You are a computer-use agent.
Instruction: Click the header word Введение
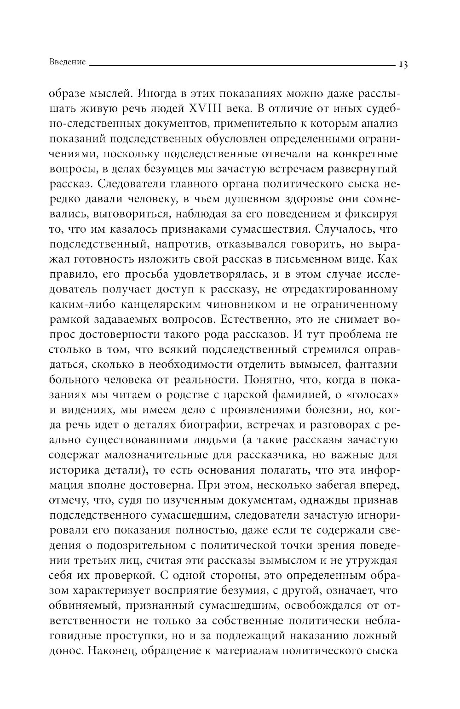67,62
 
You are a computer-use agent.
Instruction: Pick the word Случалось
358,229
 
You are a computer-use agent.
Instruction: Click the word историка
75,469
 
